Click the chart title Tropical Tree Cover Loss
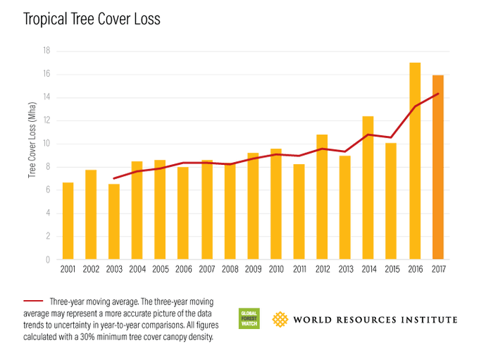[x=92, y=19]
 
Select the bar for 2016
[x=415, y=161]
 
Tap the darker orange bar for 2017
[x=438, y=168]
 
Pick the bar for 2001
[x=68, y=221]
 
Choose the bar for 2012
[x=322, y=197]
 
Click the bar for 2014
[x=368, y=188]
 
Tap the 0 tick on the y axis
[x=48, y=260]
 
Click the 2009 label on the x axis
[x=253, y=270]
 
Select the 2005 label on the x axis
[x=160, y=270]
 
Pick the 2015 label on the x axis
[x=392, y=270]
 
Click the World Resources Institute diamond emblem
[x=282, y=319]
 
